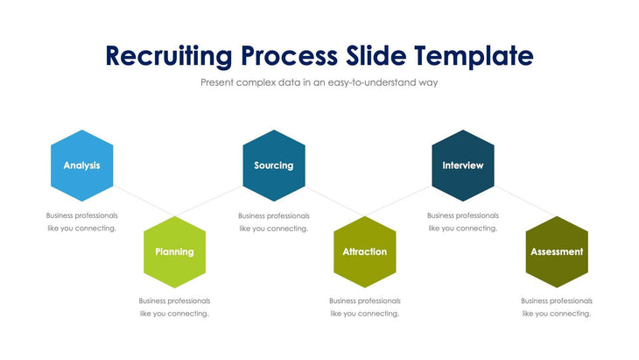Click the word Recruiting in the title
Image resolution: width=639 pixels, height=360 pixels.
169,56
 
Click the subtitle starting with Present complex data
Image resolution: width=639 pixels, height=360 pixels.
319,83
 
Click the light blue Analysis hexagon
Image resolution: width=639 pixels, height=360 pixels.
81,165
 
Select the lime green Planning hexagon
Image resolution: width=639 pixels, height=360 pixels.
174,251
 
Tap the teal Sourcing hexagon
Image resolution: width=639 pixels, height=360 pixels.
273,165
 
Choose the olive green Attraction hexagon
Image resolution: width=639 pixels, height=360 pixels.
364,251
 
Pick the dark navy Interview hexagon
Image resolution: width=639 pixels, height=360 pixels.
462,165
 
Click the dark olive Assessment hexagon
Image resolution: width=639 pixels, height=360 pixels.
556,251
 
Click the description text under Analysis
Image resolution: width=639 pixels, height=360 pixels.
81,222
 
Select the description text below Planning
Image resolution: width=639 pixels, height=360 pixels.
174,307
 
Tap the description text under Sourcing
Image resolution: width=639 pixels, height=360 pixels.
273,222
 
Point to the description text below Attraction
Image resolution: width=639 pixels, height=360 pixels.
364,307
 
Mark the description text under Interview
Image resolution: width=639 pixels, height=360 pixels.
462,222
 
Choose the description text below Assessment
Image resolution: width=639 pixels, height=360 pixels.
556,307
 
